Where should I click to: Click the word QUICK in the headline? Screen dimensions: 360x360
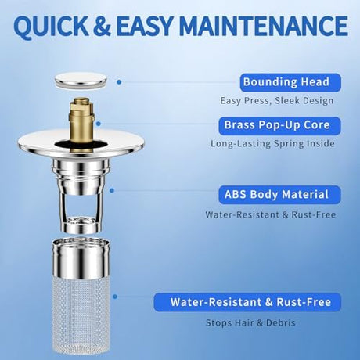pyautogui.click(x=51, y=26)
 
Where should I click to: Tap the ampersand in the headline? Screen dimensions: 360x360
pyautogui.click(x=102, y=26)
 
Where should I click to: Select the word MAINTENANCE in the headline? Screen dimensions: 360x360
pyautogui.click(x=264, y=26)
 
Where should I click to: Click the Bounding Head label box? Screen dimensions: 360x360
pyautogui.click(x=290, y=82)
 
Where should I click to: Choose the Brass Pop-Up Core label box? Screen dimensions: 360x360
pyautogui.click(x=279, y=126)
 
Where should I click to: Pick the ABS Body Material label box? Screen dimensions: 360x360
pyautogui.click(x=279, y=195)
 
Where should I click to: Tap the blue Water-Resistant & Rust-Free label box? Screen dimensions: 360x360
pyautogui.click(x=247, y=302)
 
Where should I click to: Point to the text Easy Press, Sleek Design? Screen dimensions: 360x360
pyautogui.click(x=277, y=101)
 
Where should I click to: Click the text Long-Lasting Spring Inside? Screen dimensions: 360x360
pyautogui.click(x=272, y=144)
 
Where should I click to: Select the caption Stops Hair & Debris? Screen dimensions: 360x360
pyautogui.click(x=250, y=323)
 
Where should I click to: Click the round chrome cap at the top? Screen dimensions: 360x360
pyautogui.click(x=81, y=81)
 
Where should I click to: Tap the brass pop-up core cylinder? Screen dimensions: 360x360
pyautogui.click(x=81, y=120)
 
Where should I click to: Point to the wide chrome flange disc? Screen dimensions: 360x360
pyautogui.click(x=81, y=143)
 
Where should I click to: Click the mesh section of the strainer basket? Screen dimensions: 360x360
pyautogui.click(x=81, y=315)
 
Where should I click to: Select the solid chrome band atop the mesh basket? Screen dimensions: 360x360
pyautogui.click(x=81, y=257)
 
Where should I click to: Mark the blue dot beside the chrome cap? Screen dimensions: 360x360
pyautogui.click(x=119, y=82)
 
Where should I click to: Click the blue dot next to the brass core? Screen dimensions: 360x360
pyautogui.click(x=99, y=124)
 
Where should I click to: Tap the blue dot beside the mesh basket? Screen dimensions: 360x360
pyautogui.click(x=115, y=297)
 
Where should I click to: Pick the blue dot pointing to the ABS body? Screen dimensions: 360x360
pyautogui.click(x=112, y=191)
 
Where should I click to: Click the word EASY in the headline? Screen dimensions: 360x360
pyautogui.click(x=144, y=26)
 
